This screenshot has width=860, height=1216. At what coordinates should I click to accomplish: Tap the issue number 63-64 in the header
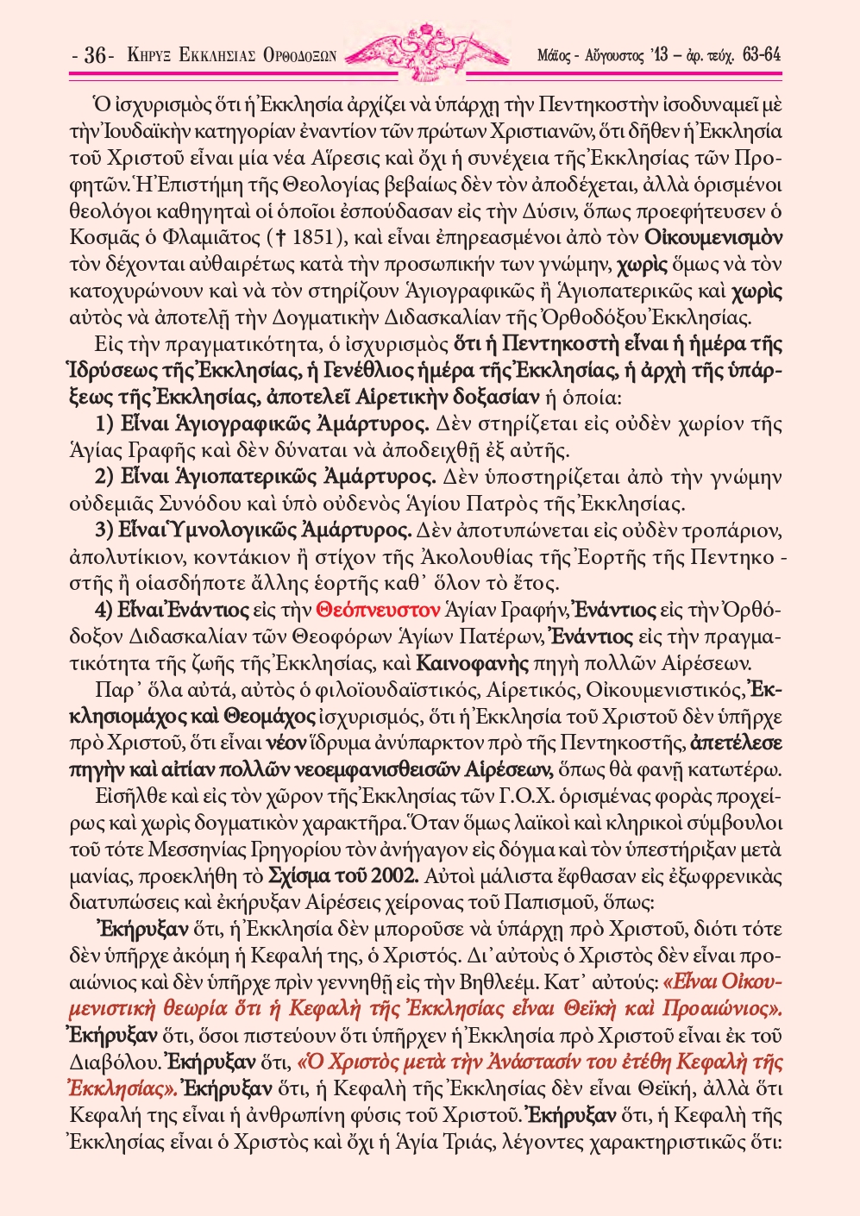761,55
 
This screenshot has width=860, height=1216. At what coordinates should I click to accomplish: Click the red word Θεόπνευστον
379,611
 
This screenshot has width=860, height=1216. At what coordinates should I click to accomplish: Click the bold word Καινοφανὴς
461,663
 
